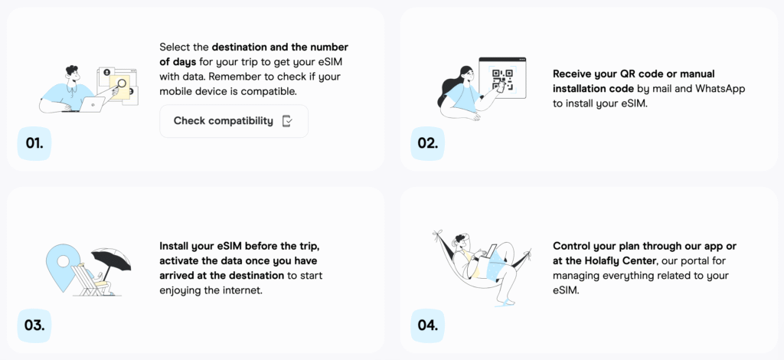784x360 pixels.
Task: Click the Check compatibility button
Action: pyautogui.click(x=234, y=121)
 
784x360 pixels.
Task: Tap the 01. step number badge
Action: pyautogui.click(x=34, y=143)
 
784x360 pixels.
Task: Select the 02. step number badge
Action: pyautogui.click(x=427, y=143)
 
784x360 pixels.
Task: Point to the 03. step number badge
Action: pyautogui.click(x=34, y=326)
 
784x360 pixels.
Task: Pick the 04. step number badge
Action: pyautogui.click(x=427, y=326)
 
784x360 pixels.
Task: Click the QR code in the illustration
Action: pyautogui.click(x=502, y=80)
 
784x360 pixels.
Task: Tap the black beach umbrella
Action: pyautogui.click(x=112, y=259)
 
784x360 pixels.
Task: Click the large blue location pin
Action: pyautogui.click(x=63, y=265)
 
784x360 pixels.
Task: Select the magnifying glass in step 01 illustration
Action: pyautogui.click(x=119, y=86)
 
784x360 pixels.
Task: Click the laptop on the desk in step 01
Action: pyautogui.click(x=91, y=104)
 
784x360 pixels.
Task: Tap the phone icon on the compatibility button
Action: pyautogui.click(x=287, y=121)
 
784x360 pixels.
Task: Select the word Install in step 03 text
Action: pyautogui.click(x=173, y=247)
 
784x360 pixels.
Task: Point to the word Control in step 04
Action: pyautogui.click(x=570, y=246)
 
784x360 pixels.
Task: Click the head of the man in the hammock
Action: pyautogui.click(x=460, y=241)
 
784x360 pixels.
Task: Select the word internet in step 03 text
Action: pyautogui.click(x=244, y=290)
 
